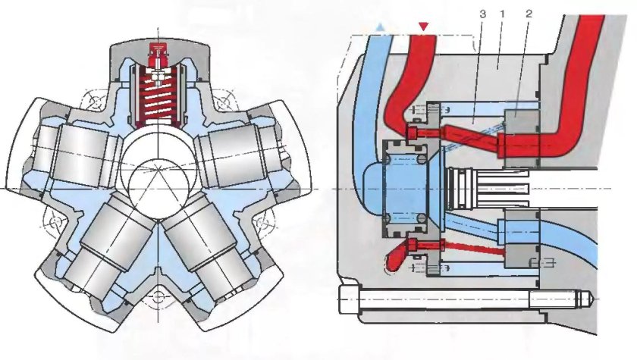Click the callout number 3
pyautogui.click(x=482, y=14)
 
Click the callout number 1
pyautogui.click(x=503, y=14)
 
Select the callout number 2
pyautogui.click(x=529, y=14)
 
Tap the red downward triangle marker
pyautogui.click(x=424, y=27)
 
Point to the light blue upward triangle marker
pyautogui.click(x=380, y=27)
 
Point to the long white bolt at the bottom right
pyautogui.click(x=467, y=299)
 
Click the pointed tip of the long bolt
pyautogui.click(x=596, y=300)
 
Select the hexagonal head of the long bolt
pyautogui.click(x=350, y=299)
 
